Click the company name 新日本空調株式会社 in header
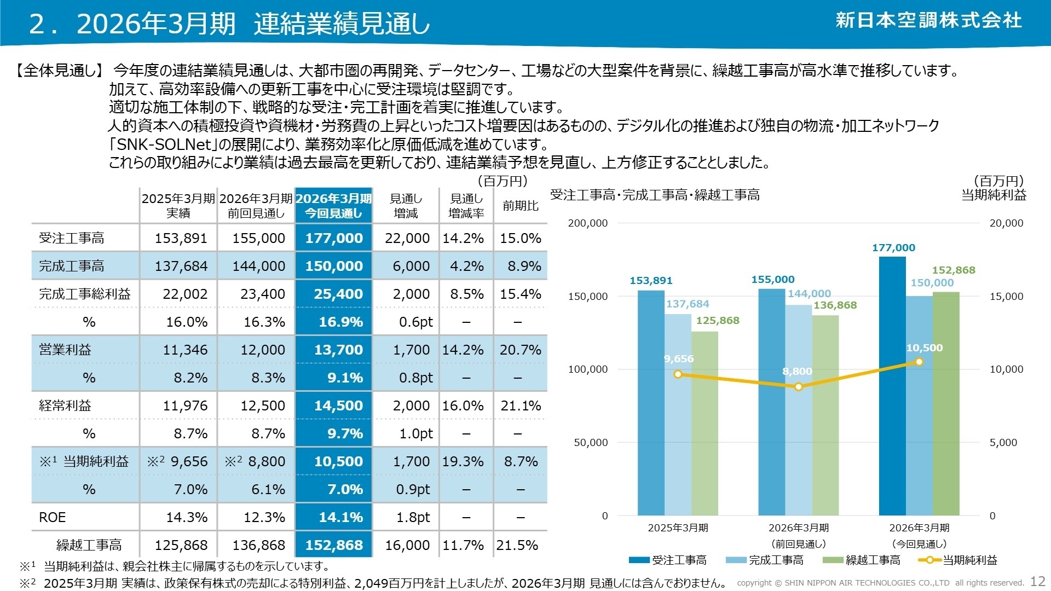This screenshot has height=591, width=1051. (x=928, y=20)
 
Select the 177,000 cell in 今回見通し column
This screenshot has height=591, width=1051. (x=334, y=238)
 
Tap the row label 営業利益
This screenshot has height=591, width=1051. (x=65, y=350)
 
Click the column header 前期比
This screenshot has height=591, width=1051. (x=521, y=206)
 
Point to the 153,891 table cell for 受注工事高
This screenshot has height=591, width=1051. (x=181, y=238)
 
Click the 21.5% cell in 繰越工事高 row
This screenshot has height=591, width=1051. (x=517, y=545)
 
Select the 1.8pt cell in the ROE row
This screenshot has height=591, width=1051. (x=414, y=517)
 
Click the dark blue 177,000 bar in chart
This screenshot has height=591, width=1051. (x=892, y=383)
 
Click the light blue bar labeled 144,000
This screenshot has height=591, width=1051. (x=799, y=410)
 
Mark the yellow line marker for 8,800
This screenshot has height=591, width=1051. (x=799, y=387)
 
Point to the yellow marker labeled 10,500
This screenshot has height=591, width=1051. (x=919, y=362)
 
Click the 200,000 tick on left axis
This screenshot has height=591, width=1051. (x=588, y=223)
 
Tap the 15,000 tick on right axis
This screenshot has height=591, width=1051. (x=1006, y=296)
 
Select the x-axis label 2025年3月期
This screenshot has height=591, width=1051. (x=678, y=528)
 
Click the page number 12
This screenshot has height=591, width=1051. (x=1038, y=581)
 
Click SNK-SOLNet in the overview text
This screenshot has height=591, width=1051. (x=164, y=144)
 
